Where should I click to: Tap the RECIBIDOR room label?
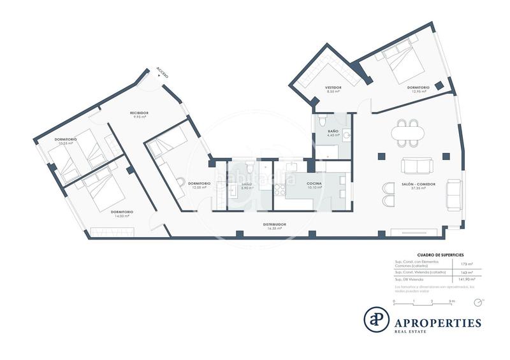(x=140, y=113)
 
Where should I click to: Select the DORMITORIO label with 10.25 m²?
(x=65, y=140)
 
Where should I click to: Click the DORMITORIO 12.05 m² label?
(x=199, y=184)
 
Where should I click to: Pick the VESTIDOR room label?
(x=333, y=87)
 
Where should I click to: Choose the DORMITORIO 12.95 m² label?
(x=419, y=88)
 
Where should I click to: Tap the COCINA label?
(x=314, y=184)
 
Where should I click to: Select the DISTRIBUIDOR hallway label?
(x=275, y=225)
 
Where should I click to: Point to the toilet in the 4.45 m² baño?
(x=323, y=121)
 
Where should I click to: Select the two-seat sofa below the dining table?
(x=418, y=166)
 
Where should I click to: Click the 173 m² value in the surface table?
(x=464, y=263)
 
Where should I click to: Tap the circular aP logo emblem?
(x=376, y=319)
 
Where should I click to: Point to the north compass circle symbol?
(x=483, y=299)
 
